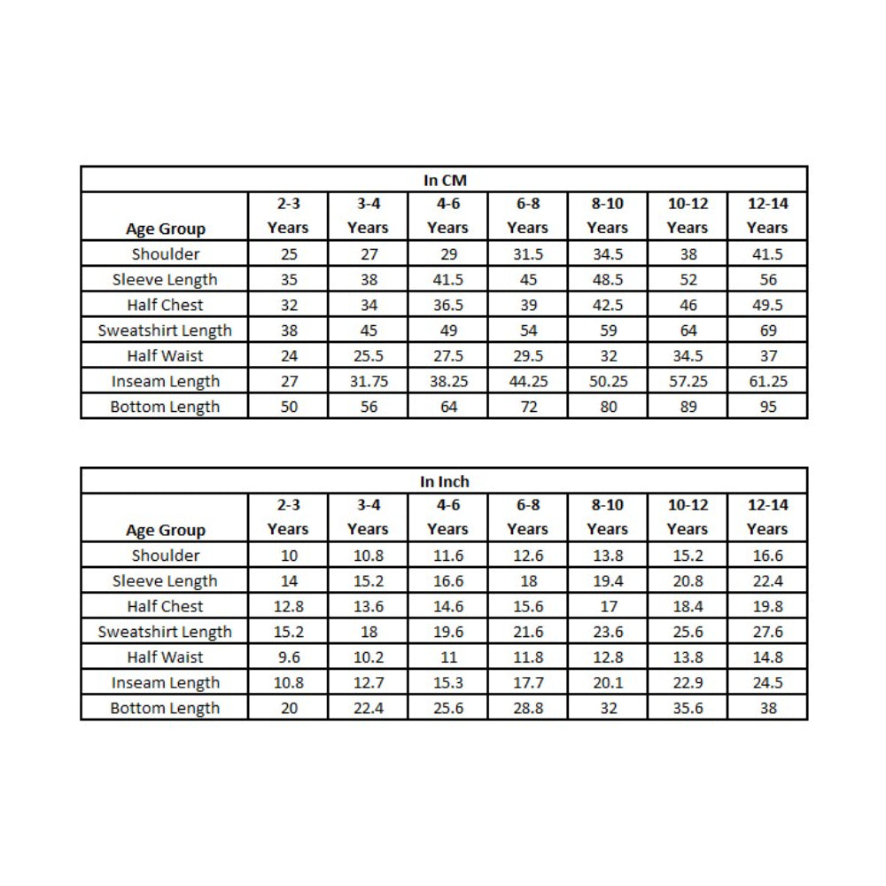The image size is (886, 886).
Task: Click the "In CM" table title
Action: (444, 180)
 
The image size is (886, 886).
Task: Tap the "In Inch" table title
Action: (444, 481)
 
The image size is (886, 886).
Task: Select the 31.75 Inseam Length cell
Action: (368, 381)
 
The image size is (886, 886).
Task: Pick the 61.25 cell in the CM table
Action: (767, 381)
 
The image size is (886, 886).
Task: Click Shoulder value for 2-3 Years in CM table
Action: (288, 254)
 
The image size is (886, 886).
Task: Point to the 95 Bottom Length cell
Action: (767, 407)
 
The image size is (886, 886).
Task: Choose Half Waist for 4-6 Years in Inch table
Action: (447, 657)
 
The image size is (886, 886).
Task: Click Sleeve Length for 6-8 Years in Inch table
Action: (527, 581)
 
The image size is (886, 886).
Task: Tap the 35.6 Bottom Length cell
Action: (688, 708)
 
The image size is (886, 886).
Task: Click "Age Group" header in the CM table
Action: (166, 229)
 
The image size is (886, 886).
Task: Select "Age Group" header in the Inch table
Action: (166, 530)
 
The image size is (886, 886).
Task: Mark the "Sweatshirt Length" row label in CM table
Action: (165, 330)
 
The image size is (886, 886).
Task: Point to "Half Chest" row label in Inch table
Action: (165, 607)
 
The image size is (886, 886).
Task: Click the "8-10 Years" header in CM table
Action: (607, 215)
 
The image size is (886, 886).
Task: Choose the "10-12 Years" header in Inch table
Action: (688, 517)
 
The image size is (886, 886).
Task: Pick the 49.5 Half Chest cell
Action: (767, 305)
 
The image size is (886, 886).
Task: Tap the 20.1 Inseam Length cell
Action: (607, 683)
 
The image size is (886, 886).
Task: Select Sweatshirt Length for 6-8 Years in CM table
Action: (527, 330)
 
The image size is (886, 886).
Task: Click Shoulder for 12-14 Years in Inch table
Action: (767, 556)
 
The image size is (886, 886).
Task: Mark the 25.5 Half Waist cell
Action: (368, 356)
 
